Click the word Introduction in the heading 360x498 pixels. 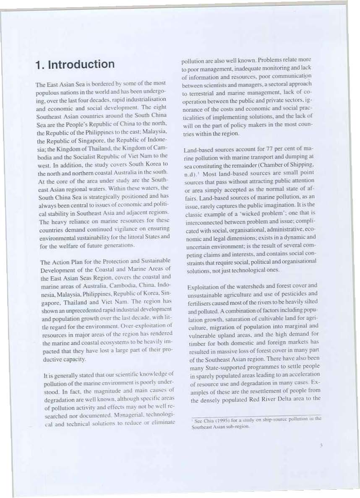click(81, 65)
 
